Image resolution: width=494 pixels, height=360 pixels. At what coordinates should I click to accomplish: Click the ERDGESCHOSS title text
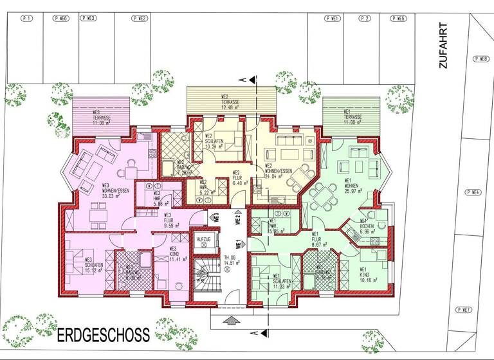(103, 334)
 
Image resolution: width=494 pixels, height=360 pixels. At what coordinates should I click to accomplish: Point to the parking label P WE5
(398, 19)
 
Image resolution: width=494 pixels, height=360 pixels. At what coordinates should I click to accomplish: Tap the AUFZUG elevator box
(204, 242)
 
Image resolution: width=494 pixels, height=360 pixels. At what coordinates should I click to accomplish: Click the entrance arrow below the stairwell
(231, 319)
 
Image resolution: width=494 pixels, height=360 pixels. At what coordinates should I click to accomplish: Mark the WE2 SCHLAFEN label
(214, 141)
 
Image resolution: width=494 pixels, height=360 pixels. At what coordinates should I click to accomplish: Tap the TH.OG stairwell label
(230, 260)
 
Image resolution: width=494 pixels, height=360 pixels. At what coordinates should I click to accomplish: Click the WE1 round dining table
(320, 192)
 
